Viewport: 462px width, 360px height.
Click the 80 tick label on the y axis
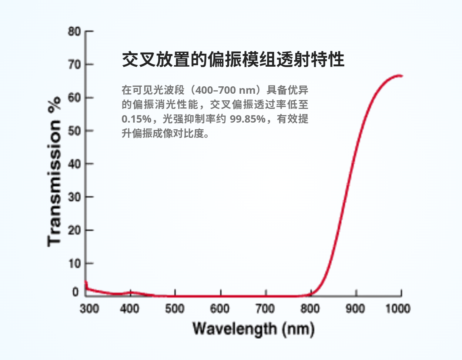[x=74, y=31]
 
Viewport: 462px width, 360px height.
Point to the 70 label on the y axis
[x=74, y=65]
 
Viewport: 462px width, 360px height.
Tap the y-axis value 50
[x=74, y=131]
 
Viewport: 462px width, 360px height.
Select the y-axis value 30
[x=74, y=197]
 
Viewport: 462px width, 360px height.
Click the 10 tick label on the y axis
[x=74, y=263]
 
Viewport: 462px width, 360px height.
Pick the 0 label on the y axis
[x=76, y=292]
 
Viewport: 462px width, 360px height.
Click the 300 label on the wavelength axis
[x=89, y=309]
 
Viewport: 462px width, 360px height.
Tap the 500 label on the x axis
[x=175, y=309]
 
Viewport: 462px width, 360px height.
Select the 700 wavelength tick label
[x=265, y=309]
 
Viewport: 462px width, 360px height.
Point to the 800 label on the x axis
[x=310, y=309]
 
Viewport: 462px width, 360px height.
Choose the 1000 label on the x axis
[x=398, y=309]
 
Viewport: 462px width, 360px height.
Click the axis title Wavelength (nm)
[x=253, y=329]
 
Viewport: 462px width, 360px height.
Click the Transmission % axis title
[x=54, y=181]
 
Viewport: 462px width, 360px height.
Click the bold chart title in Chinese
[x=233, y=59]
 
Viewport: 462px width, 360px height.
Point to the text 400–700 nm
[x=225, y=90]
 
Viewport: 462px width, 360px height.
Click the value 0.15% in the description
[x=136, y=119]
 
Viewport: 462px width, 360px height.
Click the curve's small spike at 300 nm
[x=86, y=283]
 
